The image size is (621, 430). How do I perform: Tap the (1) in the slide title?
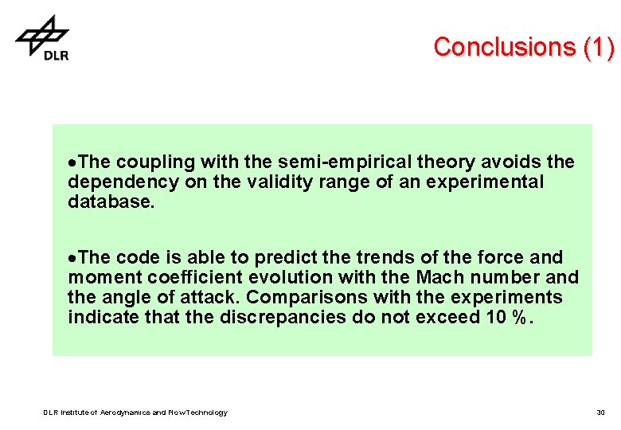[x=598, y=47]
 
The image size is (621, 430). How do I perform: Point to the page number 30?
[x=600, y=412]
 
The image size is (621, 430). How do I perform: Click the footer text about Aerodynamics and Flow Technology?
[x=135, y=412]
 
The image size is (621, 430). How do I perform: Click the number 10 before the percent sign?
[x=494, y=318]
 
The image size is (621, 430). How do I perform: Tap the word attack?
[x=214, y=298]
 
